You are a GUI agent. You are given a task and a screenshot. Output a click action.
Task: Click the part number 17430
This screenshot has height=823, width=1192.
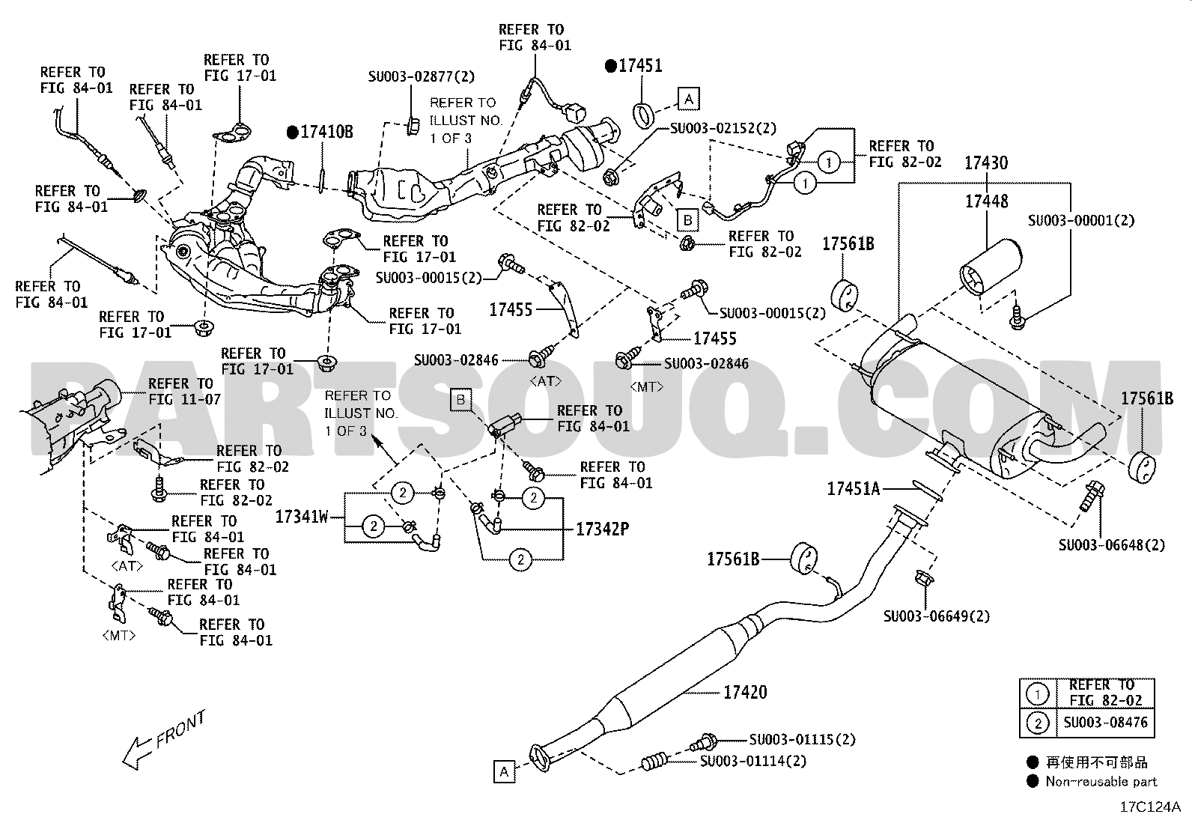986,163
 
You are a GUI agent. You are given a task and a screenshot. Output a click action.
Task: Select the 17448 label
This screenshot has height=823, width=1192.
987,201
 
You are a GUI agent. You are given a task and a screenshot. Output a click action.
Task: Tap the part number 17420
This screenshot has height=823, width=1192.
745,692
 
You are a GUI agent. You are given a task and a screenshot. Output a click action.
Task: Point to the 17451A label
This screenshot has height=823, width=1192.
853,489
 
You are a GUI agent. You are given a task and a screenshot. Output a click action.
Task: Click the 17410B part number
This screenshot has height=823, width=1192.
326,132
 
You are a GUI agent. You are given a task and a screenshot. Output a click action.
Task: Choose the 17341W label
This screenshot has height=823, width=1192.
302,517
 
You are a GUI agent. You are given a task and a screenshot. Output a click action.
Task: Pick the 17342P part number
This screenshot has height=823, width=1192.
603,529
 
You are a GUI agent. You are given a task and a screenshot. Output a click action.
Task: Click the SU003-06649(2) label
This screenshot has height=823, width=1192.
937,616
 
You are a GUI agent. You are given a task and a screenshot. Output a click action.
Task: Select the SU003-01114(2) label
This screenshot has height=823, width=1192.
753,762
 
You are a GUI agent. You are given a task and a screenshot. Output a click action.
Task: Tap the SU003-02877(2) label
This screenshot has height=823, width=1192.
422,76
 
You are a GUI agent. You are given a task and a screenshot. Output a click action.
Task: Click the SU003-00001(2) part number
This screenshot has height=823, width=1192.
1081,220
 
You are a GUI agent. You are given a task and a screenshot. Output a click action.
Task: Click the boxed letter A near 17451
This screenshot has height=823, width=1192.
689,99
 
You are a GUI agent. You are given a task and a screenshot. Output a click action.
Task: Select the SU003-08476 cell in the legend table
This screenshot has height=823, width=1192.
1105,723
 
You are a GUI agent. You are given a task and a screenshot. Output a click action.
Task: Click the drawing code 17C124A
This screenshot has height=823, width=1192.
1150,807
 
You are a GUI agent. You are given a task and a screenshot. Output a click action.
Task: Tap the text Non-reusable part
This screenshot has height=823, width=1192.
1101,782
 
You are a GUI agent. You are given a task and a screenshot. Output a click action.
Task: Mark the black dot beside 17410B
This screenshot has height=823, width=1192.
293,132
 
